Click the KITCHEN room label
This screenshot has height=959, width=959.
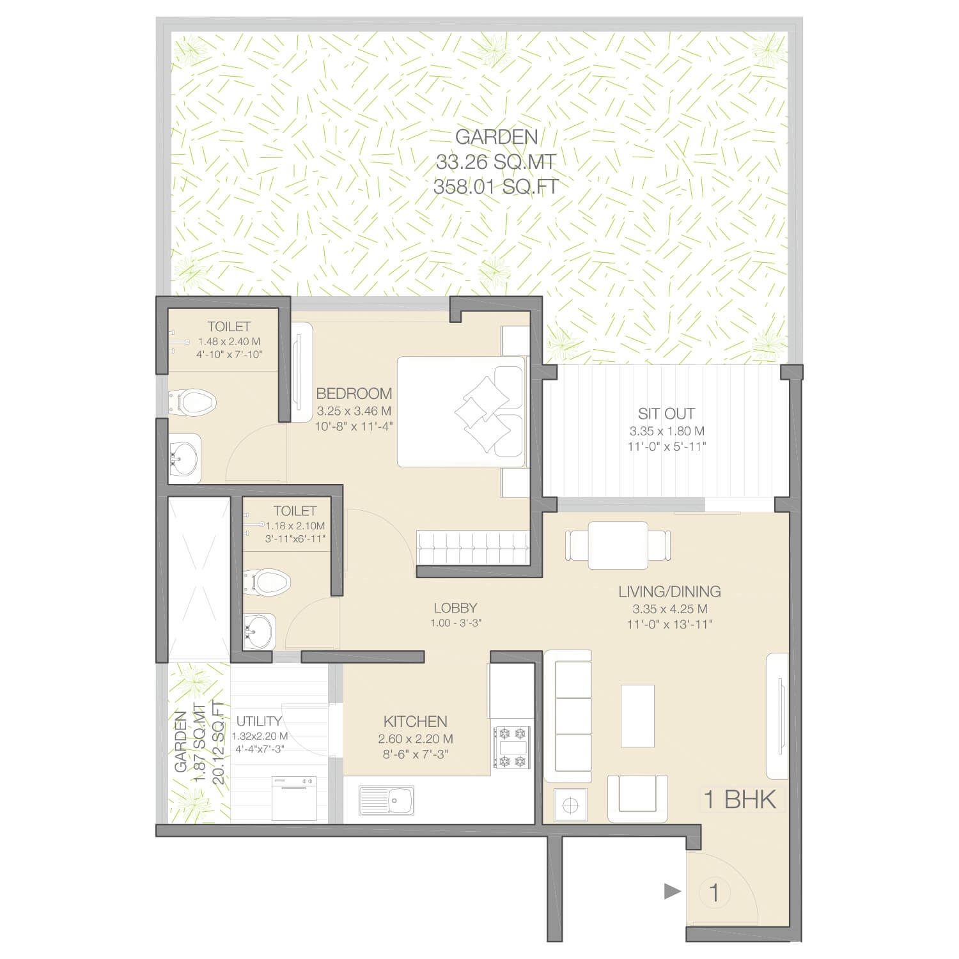[x=415, y=721]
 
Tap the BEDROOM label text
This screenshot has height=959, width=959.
[x=354, y=393]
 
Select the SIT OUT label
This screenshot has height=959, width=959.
[x=666, y=414]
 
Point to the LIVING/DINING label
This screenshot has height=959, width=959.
[x=669, y=591]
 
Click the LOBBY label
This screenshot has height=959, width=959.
[x=455, y=608]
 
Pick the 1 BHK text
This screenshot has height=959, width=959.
[x=740, y=799]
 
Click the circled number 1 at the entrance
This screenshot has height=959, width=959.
[x=714, y=893]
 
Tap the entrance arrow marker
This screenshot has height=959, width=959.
[x=673, y=891]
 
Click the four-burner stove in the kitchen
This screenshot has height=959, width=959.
[x=512, y=747]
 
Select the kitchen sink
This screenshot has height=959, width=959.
[x=387, y=800]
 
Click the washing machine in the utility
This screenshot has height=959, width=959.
[x=293, y=798]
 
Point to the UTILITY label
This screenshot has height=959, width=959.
[x=259, y=721]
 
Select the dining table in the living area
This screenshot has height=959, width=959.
[x=618, y=545]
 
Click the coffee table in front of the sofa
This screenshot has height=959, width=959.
[x=637, y=715]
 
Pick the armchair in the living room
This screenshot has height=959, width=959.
[x=637, y=799]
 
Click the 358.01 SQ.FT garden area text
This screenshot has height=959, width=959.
[x=496, y=187]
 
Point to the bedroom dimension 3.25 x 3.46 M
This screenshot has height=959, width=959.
[x=354, y=411]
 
